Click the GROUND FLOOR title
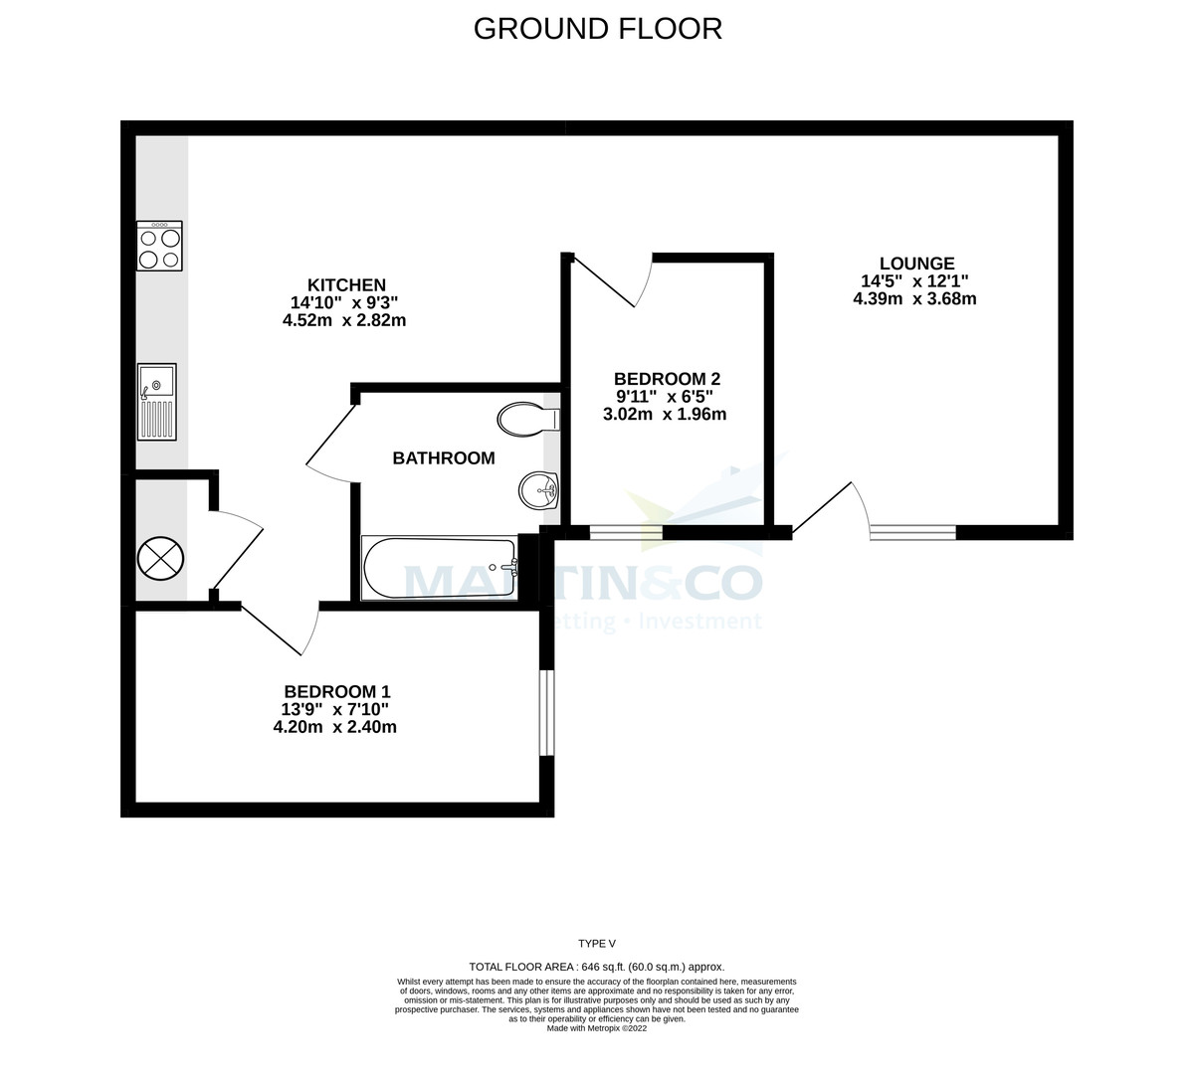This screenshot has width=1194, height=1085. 597,29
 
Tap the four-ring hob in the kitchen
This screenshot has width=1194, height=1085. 159,246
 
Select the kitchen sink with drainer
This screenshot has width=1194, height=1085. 157,401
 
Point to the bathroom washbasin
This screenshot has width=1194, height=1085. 538,488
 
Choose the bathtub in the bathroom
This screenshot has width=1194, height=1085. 440,568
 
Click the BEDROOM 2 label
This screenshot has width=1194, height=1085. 666,379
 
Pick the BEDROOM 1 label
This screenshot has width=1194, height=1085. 336,692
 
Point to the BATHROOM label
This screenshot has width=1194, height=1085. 443,458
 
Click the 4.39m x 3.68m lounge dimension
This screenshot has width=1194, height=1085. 914,298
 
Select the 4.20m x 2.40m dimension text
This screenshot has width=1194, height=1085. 335,727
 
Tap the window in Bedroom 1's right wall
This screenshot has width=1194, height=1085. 546,712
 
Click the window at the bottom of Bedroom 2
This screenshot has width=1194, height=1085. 626,532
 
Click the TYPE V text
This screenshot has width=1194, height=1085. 597,944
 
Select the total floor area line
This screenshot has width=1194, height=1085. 597,967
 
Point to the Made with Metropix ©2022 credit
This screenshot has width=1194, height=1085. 597,1029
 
